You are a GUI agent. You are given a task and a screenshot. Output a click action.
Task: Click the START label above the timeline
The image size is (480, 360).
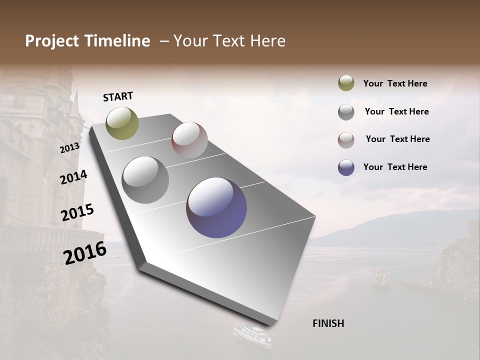(x=118, y=96)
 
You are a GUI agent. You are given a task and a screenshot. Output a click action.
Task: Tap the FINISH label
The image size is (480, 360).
(x=328, y=323)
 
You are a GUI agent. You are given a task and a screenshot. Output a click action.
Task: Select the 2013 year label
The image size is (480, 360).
(x=69, y=148)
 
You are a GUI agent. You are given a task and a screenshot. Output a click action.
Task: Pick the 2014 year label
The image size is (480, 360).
(x=73, y=177)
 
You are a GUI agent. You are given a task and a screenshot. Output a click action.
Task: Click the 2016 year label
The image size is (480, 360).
(x=85, y=252)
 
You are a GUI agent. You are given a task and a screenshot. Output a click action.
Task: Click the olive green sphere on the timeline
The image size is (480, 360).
(x=122, y=123)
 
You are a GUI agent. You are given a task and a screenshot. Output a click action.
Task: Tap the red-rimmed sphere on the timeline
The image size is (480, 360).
(x=189, y=140)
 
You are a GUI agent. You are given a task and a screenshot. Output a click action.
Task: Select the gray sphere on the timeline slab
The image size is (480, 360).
(x=145, y=180)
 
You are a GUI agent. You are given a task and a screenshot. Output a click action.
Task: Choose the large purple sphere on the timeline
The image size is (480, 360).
(x=216, y=207)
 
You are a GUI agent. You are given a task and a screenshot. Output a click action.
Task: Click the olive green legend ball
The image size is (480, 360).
(x=346, y=83)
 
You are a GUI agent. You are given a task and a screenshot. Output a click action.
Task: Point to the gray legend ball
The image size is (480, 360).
(x=346, y=112)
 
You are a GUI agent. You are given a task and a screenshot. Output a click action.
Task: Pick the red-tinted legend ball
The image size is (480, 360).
(x=346, y=140)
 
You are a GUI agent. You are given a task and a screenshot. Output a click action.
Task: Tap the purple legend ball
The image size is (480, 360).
(x=346, y=167)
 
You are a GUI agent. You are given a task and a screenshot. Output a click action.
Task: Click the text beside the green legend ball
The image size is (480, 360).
(x=395, y=84)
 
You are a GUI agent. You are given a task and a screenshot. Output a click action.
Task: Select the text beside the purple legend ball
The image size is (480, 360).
(x=395, y=167)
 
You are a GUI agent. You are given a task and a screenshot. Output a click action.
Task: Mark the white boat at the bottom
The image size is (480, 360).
(x=253, y=334)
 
